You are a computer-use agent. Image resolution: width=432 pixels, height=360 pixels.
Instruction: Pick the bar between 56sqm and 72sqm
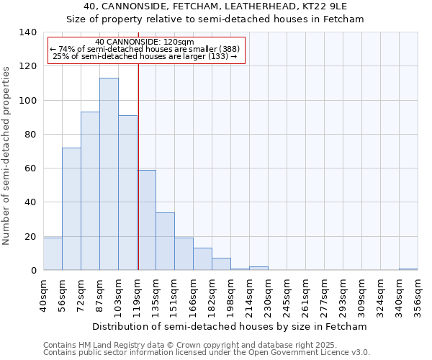71,209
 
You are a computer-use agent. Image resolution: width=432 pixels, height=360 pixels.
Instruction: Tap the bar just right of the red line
147,220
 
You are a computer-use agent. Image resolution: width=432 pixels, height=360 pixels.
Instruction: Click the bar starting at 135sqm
165,241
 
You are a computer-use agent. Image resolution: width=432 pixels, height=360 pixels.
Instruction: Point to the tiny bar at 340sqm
408,269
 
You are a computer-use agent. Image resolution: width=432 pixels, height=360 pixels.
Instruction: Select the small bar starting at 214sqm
258,269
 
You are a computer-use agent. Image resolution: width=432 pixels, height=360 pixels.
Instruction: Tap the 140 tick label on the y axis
27,32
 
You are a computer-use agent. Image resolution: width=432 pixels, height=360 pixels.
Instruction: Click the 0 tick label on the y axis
33,271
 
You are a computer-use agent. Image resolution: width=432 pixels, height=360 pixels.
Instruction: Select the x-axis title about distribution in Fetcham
230,326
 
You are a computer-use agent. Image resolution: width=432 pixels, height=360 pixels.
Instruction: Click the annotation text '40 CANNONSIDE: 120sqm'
145,42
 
